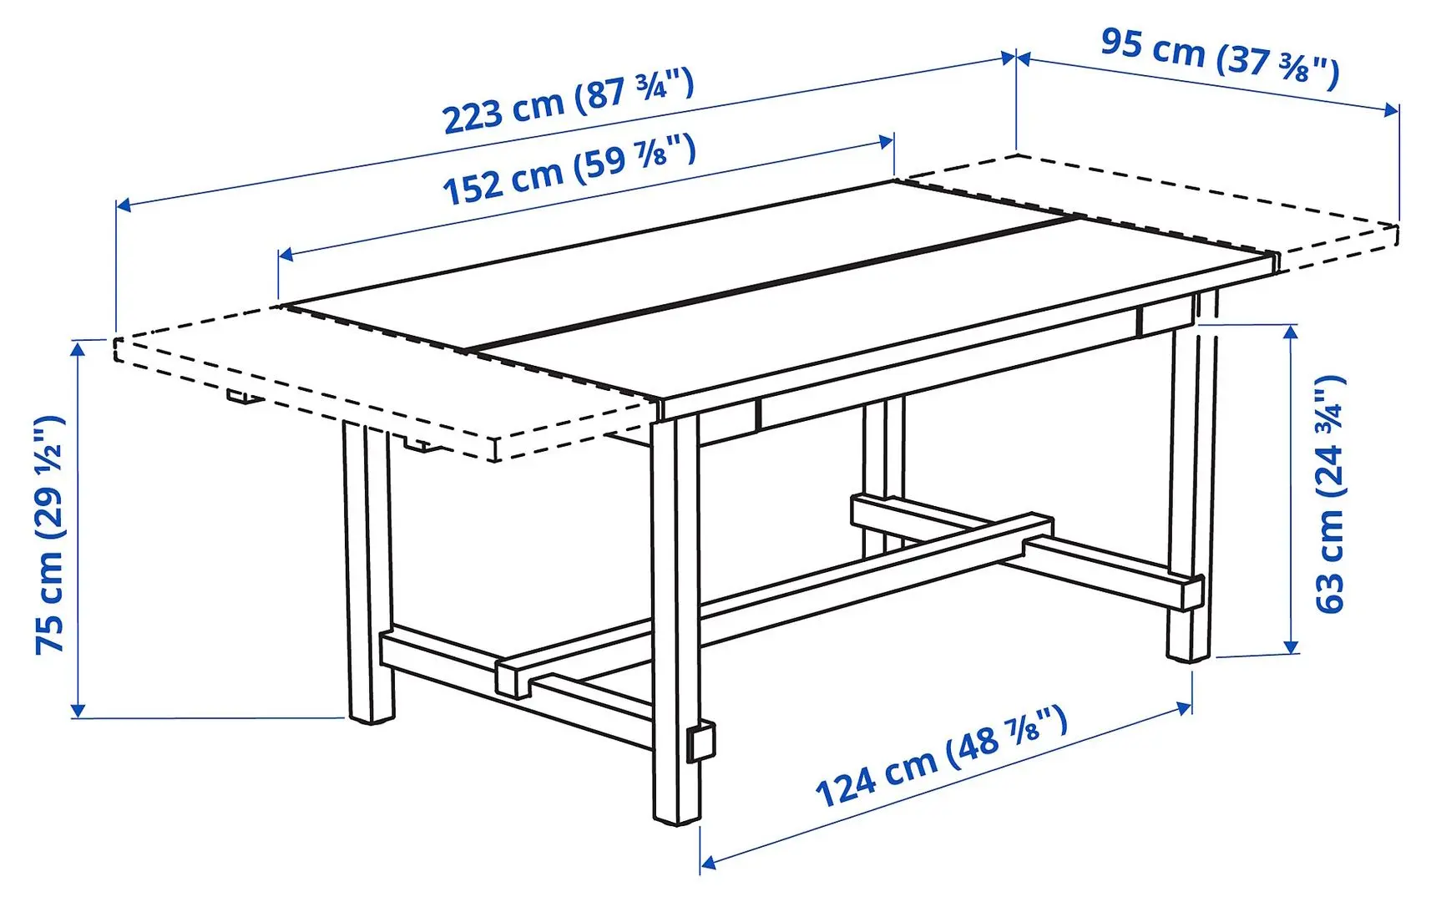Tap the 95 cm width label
pos(1219,57)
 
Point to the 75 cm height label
pos(50,535)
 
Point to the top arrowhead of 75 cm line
pos(78,347)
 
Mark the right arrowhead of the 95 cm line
pos(1392,110)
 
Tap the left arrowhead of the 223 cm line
pos(122,204)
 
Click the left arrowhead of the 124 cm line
pos(707,862)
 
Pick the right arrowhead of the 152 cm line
pos(887,141)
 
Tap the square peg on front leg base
pos(700,742)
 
